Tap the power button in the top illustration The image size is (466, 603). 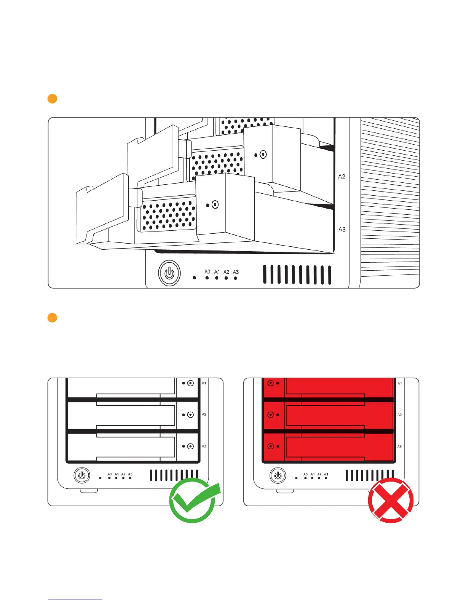[x=169, y=273]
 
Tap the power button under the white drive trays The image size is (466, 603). [x=81, y=475]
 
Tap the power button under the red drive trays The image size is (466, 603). [x=278, y=475]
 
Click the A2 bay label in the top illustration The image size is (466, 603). [x=342, y=177]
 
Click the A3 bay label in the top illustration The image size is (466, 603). [x=342, y=230]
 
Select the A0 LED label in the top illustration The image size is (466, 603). [x=207, y=272]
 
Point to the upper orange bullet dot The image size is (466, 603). [x=52, y=99]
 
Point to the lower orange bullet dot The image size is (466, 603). [x=52, y=317]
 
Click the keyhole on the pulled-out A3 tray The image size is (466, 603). [x=215, y=205]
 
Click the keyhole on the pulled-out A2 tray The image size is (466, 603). [x=263, y=155]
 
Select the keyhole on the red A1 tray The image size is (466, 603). [x=271, y=383]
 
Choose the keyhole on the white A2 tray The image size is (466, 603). [x=190, y=415]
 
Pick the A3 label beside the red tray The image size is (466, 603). [x=399, y=447]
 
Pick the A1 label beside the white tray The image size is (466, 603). [x=204, y=383]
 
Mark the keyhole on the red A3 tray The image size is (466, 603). [x=271, y=446]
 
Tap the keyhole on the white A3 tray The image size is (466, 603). [x=190, y=446]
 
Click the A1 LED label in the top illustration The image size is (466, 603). [x=217, y=272]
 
